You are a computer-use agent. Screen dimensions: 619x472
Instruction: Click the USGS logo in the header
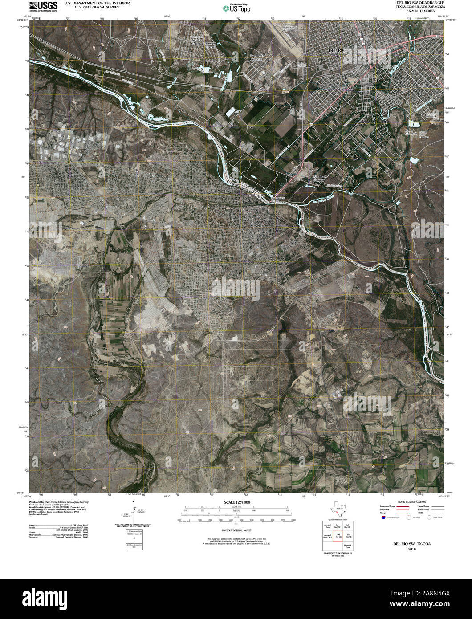(43, 6)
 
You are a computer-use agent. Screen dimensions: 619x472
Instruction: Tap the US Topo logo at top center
(236, 8)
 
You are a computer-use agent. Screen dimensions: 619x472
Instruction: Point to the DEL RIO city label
(337, 51)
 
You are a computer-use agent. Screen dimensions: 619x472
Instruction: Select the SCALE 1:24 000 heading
(236, 502)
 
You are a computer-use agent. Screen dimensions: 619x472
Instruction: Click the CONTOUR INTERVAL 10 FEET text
(236, 530)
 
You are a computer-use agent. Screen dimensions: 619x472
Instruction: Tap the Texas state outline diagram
(337, 509)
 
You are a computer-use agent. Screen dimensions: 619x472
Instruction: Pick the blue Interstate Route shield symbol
(383, 517)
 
